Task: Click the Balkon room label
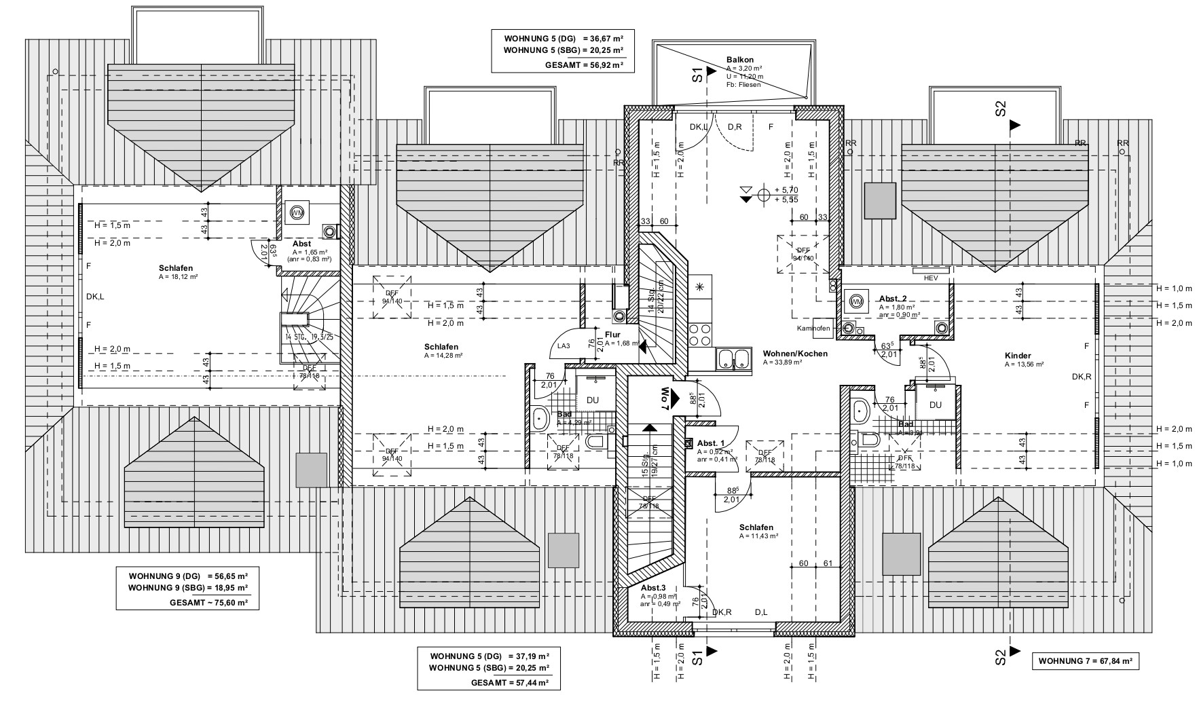point(739,60)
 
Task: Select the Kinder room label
point(1018,356)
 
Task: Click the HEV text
point(930,278)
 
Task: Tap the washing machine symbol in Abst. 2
point(855,301)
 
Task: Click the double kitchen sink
point(733,360)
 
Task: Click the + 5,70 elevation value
point(786,189)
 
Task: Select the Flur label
point(613,334)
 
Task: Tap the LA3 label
point(564,346)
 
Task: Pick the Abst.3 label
point(653,588)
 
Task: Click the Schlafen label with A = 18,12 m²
point(176,268)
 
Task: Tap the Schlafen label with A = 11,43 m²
point(756,527)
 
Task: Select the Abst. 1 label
point(711,443)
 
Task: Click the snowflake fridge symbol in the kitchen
point(699,286)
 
